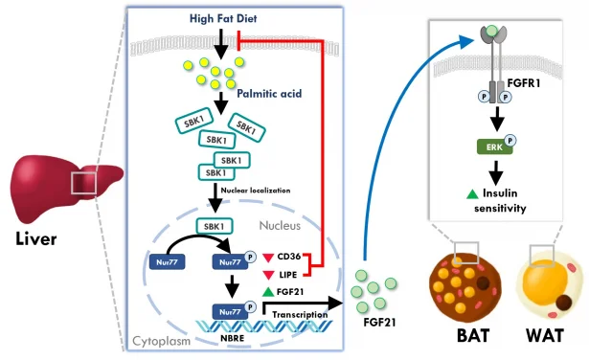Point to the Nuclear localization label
[x=255, y=190]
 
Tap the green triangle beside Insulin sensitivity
[x=471, y=193]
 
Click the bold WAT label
[x=550, y=338]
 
